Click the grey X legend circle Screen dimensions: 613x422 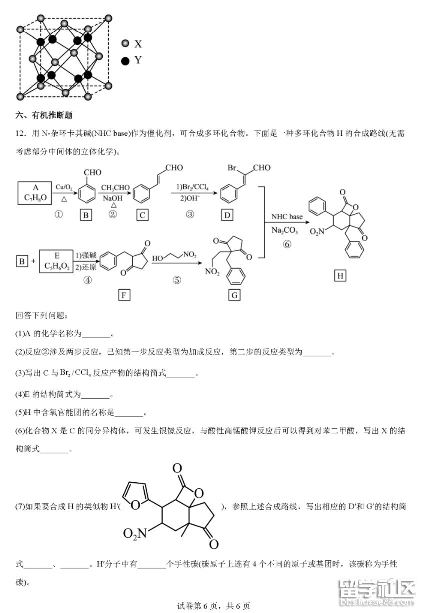[x=125, y=44]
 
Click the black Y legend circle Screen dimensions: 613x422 [x=125, y=60]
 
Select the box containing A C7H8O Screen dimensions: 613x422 [x=35, y=192]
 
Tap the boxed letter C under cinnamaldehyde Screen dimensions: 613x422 [x=143, y=215]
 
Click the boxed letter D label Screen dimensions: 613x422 [x=227, y=215]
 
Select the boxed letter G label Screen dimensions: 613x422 [x=234, y=295]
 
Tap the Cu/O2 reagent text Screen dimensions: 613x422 [x=64, y=187]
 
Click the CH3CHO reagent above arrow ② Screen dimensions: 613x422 [x=115, y=188]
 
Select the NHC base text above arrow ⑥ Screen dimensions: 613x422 [x=287, y=217]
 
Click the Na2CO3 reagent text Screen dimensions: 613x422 [x=286, y=230]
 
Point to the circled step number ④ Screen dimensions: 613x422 [x=88, y=280]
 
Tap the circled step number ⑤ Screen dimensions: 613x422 [x=177, y=280]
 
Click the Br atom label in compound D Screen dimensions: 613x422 [x=232, y=168]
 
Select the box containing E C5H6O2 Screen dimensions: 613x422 [x=56, y=260]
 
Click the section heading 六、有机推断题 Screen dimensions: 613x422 [x=44, y=115]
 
